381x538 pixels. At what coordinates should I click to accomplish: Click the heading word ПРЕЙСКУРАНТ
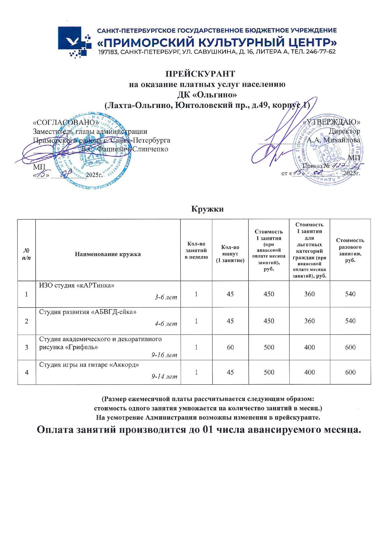click(x=200, y=74)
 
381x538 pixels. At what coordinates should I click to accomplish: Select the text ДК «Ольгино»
click(x=207, y=94)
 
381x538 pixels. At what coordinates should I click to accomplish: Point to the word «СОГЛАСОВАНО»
click(x=66, y=122)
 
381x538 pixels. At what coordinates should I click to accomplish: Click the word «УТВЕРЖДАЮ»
click(x=332, y=122)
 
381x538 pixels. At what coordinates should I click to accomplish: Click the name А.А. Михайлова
click(x=334, y=140)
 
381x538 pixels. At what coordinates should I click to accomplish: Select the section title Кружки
click(x=207, y=209)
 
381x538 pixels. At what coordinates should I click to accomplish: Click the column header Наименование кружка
click(x=108, y=254)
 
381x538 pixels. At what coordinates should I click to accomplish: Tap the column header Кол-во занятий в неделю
click(x=196, y=251)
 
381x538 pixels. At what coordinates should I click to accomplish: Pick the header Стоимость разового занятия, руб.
click(x=350, y=250)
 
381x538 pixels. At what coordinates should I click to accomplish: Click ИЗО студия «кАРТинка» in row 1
click(x=77, y=286)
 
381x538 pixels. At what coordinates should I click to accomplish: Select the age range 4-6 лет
click(x=166, y=324)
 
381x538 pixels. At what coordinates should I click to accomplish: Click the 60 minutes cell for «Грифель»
click(x=230, y=347)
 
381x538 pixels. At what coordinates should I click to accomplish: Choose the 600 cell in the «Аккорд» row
click(x=350, y=372)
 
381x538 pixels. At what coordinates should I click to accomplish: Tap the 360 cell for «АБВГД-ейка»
click(x=309, y=321)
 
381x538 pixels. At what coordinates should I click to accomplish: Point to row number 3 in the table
click(x=27, y=348)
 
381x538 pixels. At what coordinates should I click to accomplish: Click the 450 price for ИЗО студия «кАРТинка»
click(x=269, y=294)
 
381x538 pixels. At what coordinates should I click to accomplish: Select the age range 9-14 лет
click(x=164, y=377)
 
